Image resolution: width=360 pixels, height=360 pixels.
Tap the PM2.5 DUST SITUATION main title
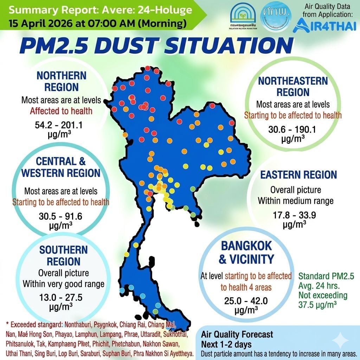coord(156,46)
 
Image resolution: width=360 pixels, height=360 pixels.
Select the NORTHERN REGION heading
coord(62,81)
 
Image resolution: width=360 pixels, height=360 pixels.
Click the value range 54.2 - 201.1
coord(61,125)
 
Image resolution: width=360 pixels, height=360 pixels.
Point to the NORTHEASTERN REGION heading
coord(293,86)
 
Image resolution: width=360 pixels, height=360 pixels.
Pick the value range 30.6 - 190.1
coord(292,129)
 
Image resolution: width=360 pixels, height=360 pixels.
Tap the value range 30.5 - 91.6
coord(61,217)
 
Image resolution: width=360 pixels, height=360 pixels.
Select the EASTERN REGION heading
coord(298,175)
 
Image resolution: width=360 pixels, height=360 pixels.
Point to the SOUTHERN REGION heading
coord(63,256)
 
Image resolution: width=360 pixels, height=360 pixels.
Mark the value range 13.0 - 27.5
coord(61,297)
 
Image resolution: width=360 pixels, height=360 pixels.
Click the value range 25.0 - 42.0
coord(246,301)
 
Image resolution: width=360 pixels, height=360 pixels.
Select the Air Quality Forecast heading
coord(237,334)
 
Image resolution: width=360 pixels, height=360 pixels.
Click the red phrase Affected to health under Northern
coord(61,111)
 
